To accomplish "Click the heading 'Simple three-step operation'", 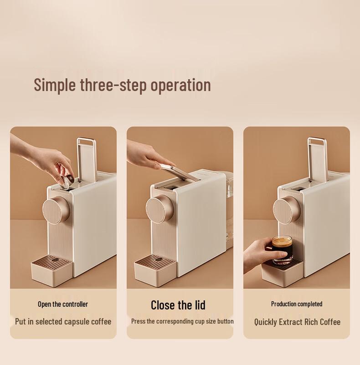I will (x=122, y=85).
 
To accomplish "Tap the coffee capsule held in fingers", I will (x=68, y=180).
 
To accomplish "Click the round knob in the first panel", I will (x=56, y=209).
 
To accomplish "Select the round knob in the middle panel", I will (x=159, y=209).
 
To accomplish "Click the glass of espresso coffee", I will (x=283, y=249).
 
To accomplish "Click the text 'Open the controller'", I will (x=63, y=304).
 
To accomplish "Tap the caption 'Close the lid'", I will (x=178, y=304).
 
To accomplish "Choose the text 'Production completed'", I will (x=297, y=304).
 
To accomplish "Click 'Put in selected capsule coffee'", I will (x=63, y=321).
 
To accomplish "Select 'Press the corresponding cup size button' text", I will (x=182, y=321).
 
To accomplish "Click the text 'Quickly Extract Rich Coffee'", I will (x=297, y=322).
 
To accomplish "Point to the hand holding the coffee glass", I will (x=257, y=254).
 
